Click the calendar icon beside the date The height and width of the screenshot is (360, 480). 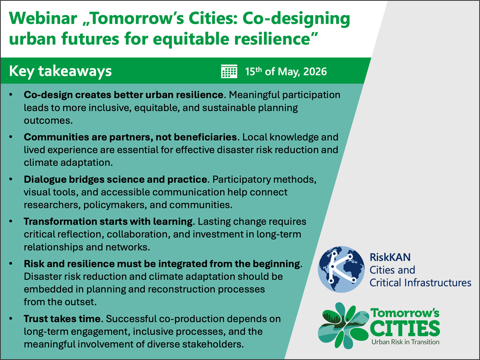pyautogui.click(x=229, y=71)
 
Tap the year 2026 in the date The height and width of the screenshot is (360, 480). pyautogui.click(x=315, y=72)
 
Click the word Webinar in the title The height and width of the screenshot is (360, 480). pyautogui.click(x=43, y=18)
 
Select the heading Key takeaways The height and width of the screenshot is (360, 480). pyautogui.click(x=60, y=72)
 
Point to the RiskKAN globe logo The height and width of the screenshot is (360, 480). pyautogui.click(x=341, y=269)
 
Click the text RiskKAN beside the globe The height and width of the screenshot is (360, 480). pyautogui.click(x=390, y=257)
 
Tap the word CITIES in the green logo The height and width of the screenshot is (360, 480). pyautogui.click(x=405, y=328)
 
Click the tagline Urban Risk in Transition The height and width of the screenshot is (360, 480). pyautogui.click(x=405, y=342)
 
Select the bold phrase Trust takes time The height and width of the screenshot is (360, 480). pyautogui.click(x=63, y=319)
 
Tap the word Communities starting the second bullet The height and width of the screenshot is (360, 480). pyautogui.click(x=57, y=137)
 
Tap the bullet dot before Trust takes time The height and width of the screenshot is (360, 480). pyautogui.click(x=11, y=319)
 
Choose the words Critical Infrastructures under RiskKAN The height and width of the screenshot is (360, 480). pyautogui.click(x=420, y=283)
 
